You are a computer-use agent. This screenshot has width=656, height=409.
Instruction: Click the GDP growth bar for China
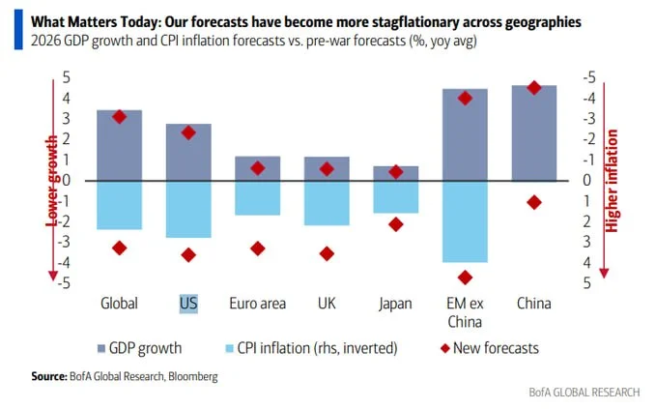click(534, 132)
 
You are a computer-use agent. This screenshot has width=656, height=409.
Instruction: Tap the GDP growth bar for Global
click(119, 145)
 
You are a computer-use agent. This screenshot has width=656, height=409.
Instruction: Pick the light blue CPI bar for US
click(188, 209)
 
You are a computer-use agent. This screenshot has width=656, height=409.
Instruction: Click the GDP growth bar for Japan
click(396, 173)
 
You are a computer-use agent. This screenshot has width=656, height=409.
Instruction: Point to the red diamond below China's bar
click(534, 202)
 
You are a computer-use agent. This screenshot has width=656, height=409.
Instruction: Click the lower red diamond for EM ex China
click(465, 278)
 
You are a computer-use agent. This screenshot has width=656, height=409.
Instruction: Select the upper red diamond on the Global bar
click(119, 117)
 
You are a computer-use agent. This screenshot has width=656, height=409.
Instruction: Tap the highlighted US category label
click(188, 303)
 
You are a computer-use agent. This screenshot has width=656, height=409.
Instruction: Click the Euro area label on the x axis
click(257, 303)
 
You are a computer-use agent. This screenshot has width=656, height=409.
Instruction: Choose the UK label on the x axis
click(327, 303)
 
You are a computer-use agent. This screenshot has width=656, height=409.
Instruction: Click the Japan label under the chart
click(396, 303)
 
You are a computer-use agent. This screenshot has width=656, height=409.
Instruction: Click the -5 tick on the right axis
click(588, 77)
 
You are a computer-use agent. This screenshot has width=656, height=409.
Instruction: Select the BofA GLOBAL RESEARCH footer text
click(584, 392)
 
